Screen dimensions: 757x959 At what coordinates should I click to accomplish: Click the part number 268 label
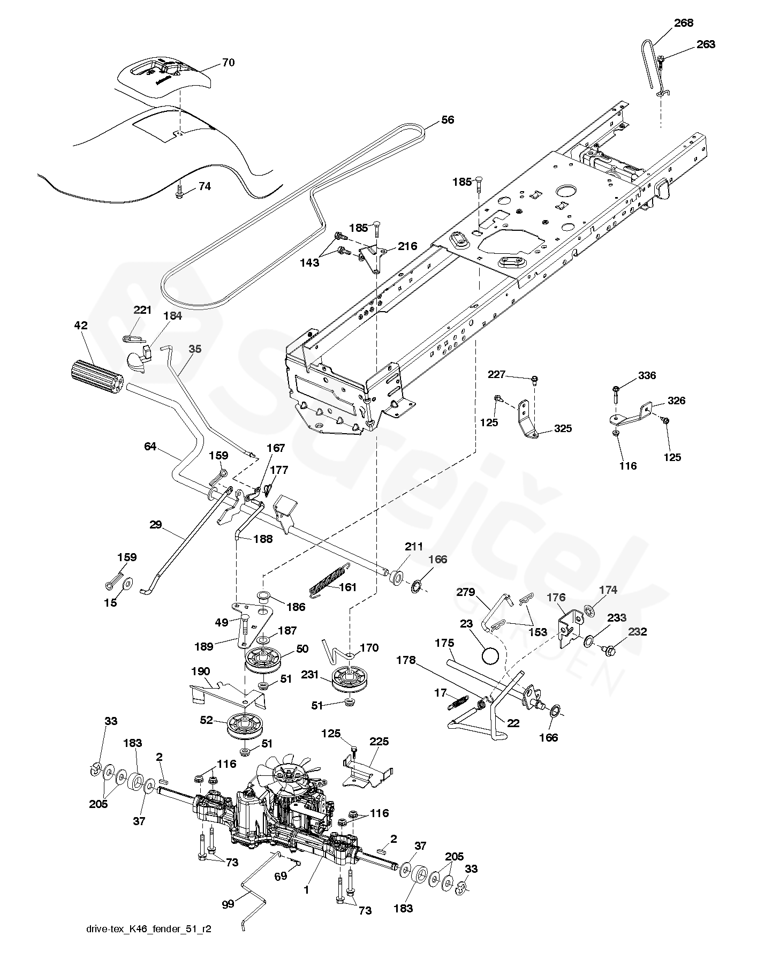point(684,22)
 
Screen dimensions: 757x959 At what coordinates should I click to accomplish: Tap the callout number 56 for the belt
point(448,120)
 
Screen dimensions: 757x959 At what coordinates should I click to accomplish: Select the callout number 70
point(229,63)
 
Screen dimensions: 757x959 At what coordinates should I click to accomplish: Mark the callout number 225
point(379,742)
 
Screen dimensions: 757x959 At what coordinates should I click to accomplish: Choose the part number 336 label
point(647,375)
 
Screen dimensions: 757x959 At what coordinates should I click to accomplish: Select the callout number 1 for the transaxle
point(306,889)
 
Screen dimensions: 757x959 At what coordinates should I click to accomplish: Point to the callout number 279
point(466,592)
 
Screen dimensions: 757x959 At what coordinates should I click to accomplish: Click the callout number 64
point(150,446)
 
